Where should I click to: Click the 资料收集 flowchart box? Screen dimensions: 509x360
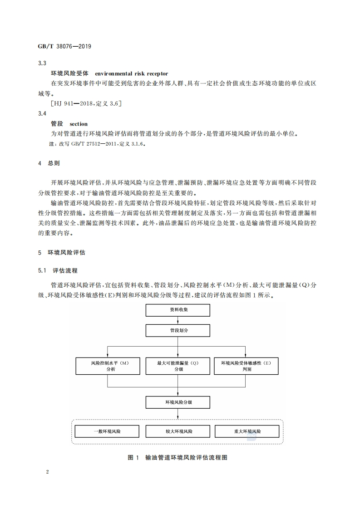[178, 310]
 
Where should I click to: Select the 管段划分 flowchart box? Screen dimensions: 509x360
[178, 331]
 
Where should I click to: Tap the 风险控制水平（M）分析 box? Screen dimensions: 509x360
[108, 366]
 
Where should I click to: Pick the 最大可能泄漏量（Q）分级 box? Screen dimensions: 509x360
[178, 366]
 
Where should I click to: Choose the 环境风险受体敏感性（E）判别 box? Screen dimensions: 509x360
[246, 366]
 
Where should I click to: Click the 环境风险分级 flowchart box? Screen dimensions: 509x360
[178, 402]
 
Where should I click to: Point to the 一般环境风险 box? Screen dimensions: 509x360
[108, 431]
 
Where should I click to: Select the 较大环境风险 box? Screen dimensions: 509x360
[178, 431]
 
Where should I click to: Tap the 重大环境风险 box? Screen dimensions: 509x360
[246, 431]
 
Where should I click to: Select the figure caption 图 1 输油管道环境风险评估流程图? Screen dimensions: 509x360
[178, 457]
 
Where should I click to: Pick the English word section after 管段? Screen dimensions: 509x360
[79, 124]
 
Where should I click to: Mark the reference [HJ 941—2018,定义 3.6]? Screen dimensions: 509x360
[86, 103]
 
